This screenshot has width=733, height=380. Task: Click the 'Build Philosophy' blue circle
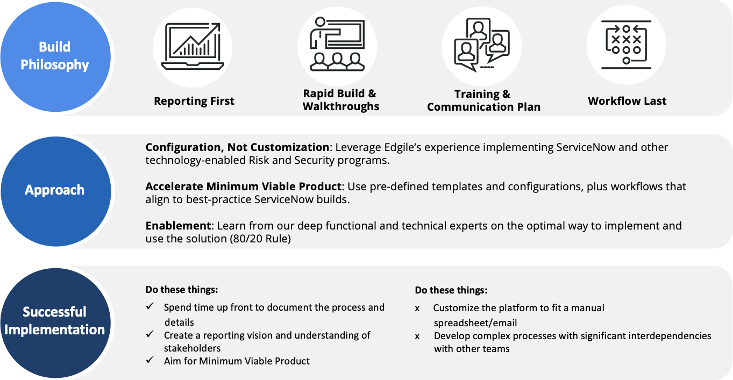pyautogui.click(x=55, y=56)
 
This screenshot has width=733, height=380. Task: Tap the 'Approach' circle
pyautogui.click(x=55, y=191)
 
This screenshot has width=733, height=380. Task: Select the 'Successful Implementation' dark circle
pyautogui.click(x=55, y=323)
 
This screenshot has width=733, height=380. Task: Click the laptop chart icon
pyautogui.click(x=193, y=46)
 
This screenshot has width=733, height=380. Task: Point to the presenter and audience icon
pyautogui.click(x=337, y=44)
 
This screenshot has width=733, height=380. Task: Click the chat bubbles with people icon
pyautogui.click(x=481, y=45)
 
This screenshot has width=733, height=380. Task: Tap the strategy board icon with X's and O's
pyautogui.click(x=626, y=45)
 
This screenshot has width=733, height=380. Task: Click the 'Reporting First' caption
pyautogui.click(x=194, y=101)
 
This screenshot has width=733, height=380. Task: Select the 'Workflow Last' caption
pyautogui.click(x=627, y=101)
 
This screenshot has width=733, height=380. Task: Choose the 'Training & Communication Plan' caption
pyautogui.click(x=483, y=101)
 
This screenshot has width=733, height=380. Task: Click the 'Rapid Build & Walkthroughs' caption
pyautogui.click(x=340, y=100)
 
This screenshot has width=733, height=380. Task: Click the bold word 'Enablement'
pyautogui.click(x=178, y=226)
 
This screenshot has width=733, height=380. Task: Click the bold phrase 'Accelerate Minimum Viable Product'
pyautogui.click(x=244, y=187)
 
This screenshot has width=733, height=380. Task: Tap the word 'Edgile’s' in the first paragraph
pyautogui.click(x=403, y=147)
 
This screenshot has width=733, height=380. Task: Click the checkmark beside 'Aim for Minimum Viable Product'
pyautogui.click(x=150, y=360)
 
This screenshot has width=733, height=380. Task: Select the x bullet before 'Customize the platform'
pyautogui.click(x=417, y=309)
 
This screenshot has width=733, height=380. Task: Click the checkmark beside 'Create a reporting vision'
pyautogui.click(x=150, y=334)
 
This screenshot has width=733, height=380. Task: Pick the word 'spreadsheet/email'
pyautogui.click(x=475, y=323)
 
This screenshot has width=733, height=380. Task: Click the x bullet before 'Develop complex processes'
pyautogui.click(x=417, y=336)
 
